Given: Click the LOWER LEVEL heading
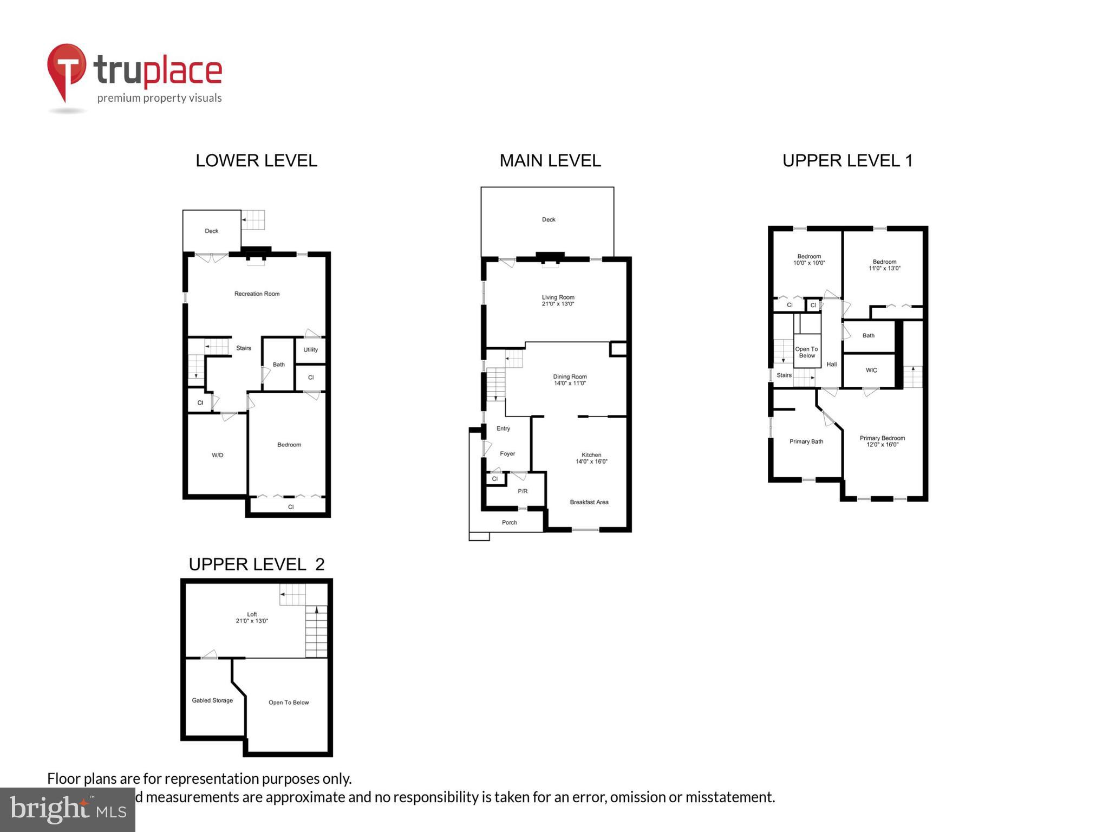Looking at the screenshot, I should (256, 161).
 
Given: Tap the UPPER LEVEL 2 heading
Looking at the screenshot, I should (256, 564).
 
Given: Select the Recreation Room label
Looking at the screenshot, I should (257, 294).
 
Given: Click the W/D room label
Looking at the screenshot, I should (217, 456).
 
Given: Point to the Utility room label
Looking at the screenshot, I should (310, 350).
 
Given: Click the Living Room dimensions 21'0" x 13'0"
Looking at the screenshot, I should (558, 304).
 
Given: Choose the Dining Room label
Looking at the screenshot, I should (570, 376).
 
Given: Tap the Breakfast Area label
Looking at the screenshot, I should (589, 503).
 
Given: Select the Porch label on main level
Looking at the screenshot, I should (509, 523).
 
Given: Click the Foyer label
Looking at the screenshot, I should (507, 454).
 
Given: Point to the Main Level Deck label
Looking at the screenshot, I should (549, 220).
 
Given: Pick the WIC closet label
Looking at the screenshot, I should (871, 370).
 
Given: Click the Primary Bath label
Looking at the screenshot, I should (806, 442).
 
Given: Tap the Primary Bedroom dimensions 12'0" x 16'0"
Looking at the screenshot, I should (882, 445).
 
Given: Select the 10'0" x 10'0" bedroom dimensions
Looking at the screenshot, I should (809, 263).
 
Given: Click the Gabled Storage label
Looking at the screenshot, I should (212, 701).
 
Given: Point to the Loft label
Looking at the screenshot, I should (252, 614).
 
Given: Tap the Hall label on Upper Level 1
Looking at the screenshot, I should (831, 365).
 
